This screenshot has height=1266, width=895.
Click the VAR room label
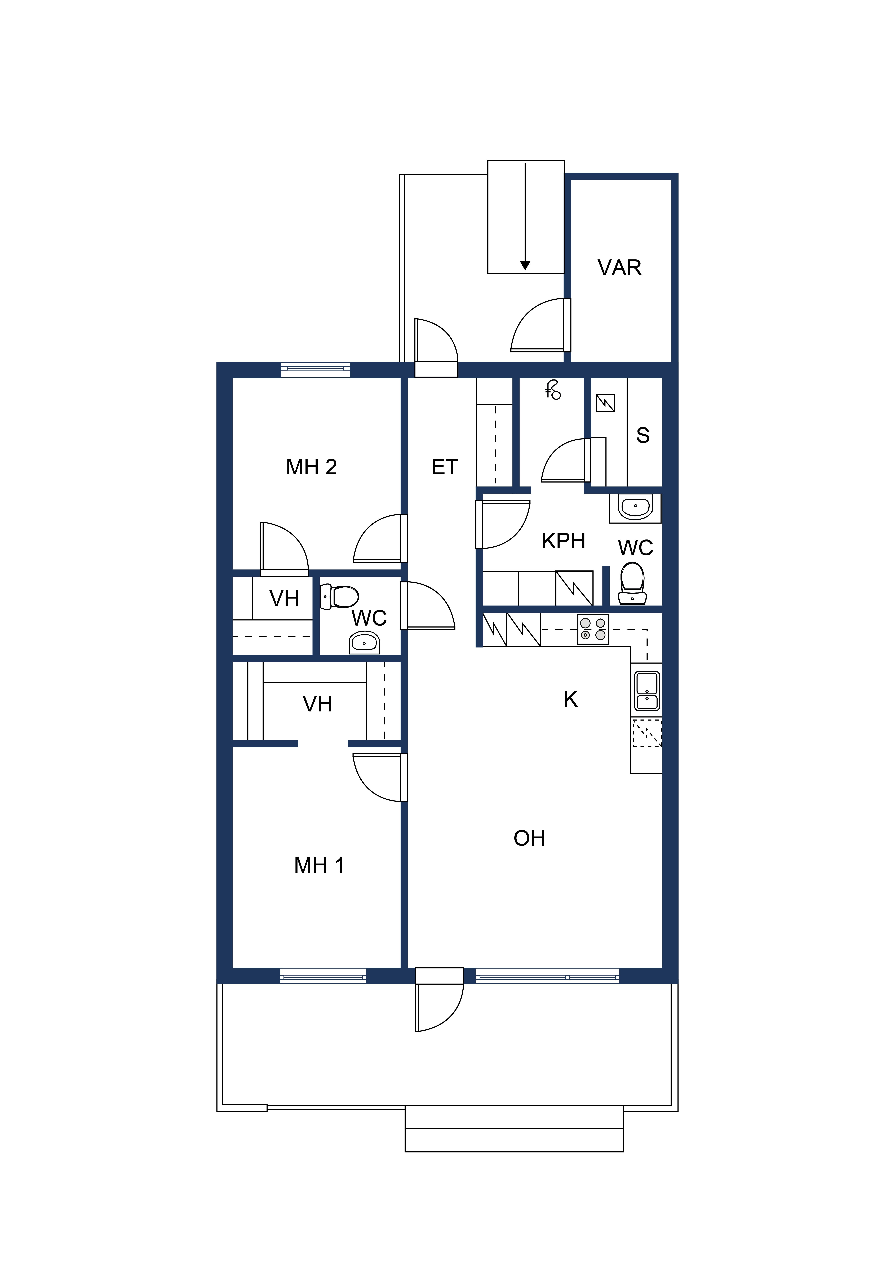coord(619,268)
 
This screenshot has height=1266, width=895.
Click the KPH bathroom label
coord(563,541)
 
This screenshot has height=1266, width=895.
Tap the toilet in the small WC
coord(339,597)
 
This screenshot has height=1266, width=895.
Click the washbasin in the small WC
coord(364,642)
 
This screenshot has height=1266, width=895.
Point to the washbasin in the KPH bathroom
coord(635,507)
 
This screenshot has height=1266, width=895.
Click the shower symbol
coord(553,390)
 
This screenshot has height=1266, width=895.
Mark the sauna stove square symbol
coord(605,404)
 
